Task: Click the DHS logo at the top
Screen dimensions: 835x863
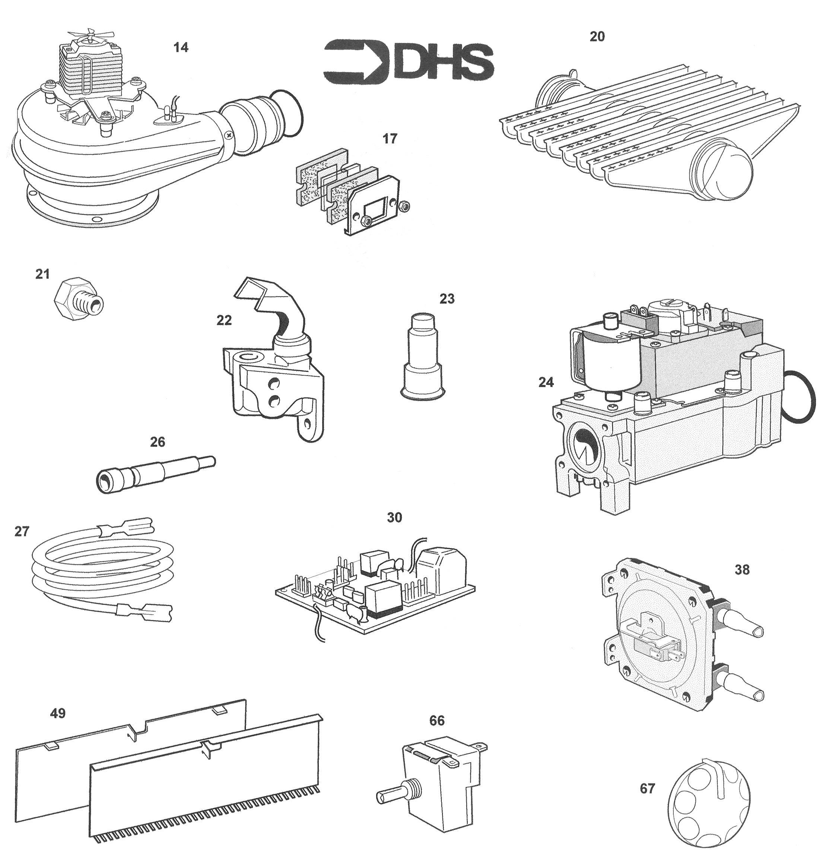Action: (409, 62)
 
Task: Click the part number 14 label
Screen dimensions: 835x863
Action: (181, 47)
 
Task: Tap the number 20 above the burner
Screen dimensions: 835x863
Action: (597, 37)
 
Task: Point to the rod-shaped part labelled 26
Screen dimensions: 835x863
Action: (155, 475)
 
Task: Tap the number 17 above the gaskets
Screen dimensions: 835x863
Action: (390, 139)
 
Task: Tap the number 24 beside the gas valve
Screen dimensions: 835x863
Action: (546, 382)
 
